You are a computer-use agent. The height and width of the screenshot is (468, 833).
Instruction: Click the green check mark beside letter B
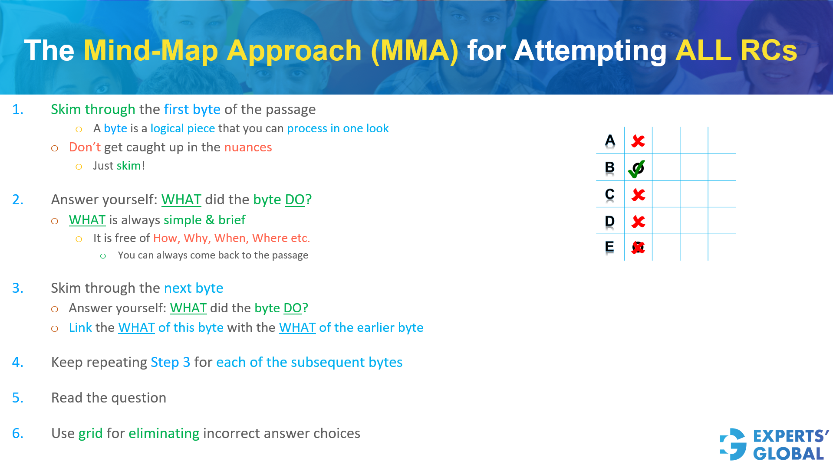point(636,169)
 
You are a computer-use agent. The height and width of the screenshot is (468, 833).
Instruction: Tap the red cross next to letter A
point(638,141)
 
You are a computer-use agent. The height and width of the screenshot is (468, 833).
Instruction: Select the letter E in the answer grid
point(609,247)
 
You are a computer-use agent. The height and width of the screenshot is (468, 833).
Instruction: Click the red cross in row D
point(638,222)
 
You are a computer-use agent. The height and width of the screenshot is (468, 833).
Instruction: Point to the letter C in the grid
point(609,194)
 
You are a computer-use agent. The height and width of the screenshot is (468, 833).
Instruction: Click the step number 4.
point(17,362)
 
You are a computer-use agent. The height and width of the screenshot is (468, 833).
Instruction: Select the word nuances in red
point(248,147)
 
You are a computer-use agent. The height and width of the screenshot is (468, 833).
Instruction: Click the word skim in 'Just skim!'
point(128,166)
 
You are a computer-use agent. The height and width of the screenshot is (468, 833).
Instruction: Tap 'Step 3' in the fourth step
point(170,362)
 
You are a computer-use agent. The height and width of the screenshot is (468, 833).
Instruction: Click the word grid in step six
point(90,433)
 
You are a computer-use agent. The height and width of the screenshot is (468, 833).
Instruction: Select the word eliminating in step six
point(164,433)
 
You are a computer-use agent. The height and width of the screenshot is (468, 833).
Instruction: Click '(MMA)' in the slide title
point(415,51)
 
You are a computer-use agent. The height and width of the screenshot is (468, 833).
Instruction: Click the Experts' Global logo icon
point(733,444)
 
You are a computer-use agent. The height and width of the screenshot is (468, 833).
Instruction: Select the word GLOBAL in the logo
point(788,454)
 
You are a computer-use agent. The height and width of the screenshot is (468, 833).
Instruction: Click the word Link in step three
point(80,327)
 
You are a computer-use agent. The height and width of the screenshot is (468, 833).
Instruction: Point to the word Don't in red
point(85,147)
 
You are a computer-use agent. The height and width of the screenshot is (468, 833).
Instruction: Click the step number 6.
point(17,433)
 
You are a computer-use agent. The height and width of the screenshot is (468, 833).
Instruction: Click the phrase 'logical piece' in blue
point(182,129)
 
